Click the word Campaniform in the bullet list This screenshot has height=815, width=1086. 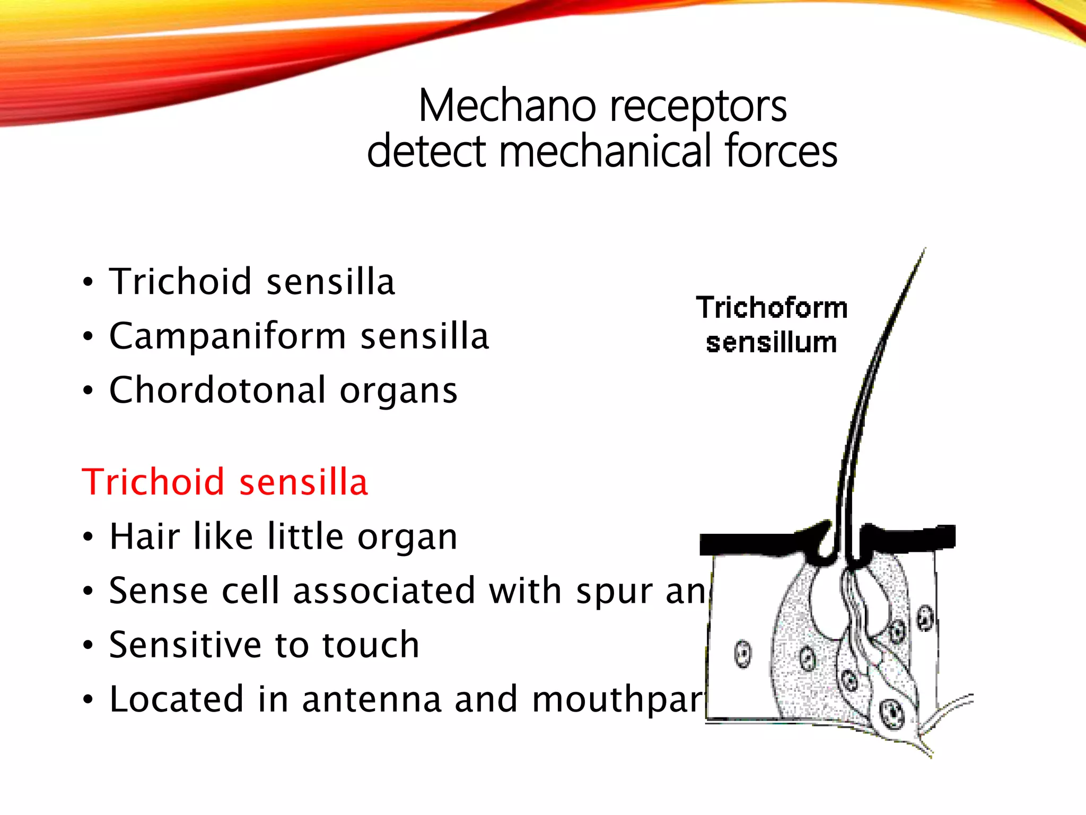click(227, 336)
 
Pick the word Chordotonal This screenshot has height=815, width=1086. click(217, 391)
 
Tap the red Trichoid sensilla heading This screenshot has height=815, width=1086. click(224, 482)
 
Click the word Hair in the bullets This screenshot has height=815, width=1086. click(144, 536)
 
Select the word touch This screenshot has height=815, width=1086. click(371, 645)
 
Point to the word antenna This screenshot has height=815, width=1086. click(372, 699)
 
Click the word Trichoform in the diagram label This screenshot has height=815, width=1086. click(772, 308)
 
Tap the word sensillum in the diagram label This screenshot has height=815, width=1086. click(771, 343)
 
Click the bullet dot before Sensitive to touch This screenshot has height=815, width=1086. click(88, 646)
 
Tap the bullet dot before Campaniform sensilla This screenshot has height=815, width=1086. click(88, 337)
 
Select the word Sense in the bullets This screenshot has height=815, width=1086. click(158, 591)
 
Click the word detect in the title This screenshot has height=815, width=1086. click(426, 152)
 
